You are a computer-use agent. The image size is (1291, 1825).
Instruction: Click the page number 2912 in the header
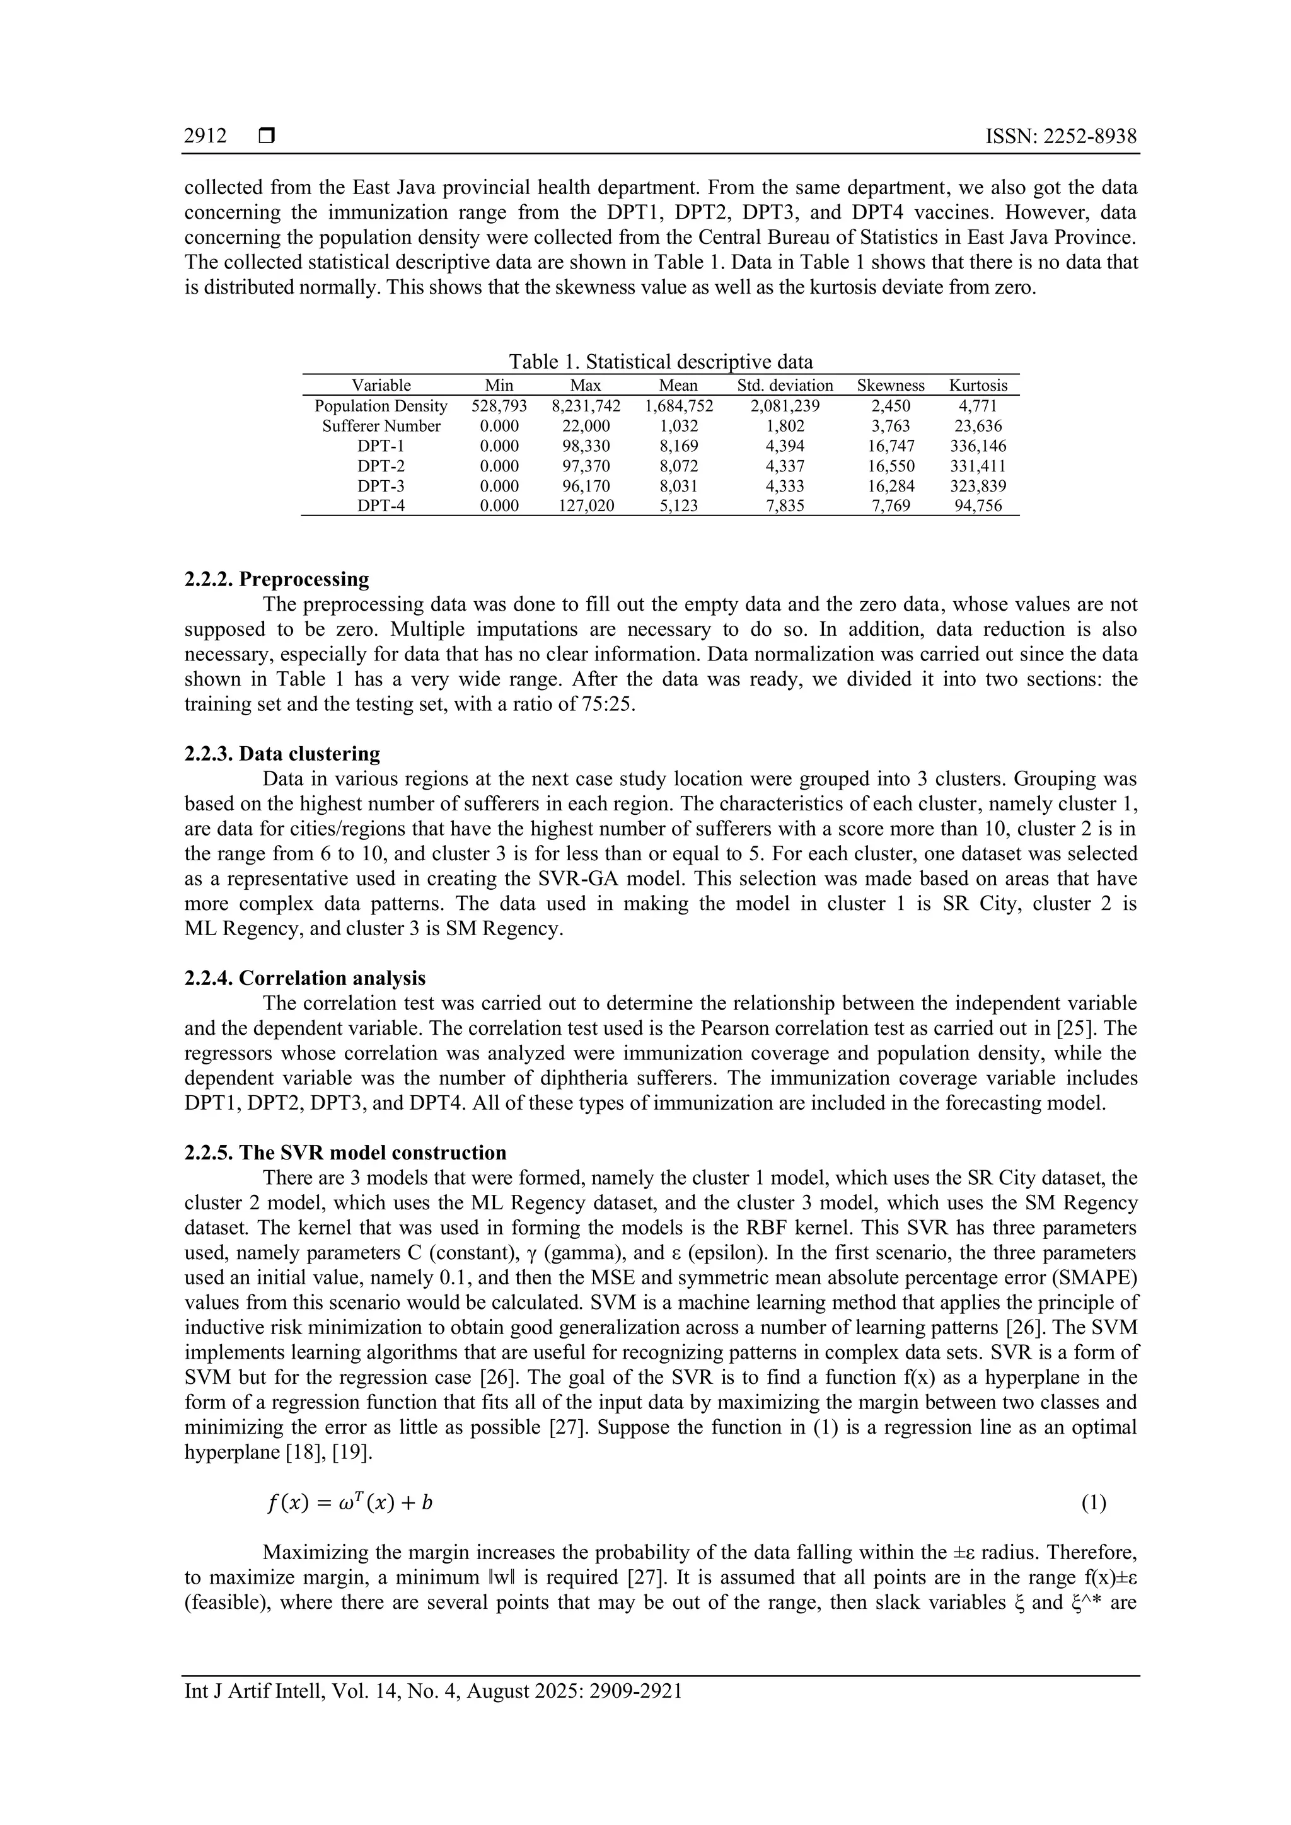205,136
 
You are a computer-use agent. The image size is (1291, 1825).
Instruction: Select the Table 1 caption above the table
661,362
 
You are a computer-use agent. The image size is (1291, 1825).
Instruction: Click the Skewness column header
890,386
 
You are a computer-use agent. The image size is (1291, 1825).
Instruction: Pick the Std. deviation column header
785,386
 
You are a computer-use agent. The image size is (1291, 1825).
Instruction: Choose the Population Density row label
381,406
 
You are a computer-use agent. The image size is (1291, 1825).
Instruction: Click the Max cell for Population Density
586,406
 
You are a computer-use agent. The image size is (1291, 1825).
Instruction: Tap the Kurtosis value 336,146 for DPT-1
978,446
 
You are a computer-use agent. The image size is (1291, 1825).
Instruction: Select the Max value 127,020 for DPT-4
586,506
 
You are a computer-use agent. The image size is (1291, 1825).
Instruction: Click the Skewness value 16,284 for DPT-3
890,486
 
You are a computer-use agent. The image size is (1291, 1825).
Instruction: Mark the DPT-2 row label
381,466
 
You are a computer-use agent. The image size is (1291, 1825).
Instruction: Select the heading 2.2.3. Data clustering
282,754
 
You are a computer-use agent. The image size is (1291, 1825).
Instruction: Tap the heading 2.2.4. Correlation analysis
304,979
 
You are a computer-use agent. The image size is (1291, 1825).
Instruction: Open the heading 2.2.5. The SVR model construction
345,1153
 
